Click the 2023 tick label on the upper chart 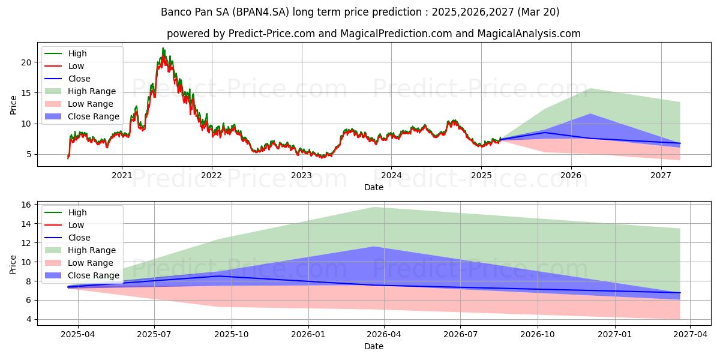pos(301,175)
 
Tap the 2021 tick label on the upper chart pos(122,175)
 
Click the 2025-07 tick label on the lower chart pos(154,334)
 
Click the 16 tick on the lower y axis pos(26,205)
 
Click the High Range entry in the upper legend pos(92,91)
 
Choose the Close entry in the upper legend pos(79,79)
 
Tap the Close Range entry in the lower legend pos(93,275)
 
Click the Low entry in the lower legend pos(76,225)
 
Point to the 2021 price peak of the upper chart pos(163,49)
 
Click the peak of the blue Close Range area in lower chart pos(374,247)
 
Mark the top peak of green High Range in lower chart pos(374,207)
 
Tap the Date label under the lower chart pos(373,346)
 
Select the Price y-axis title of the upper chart pos(13,106)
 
